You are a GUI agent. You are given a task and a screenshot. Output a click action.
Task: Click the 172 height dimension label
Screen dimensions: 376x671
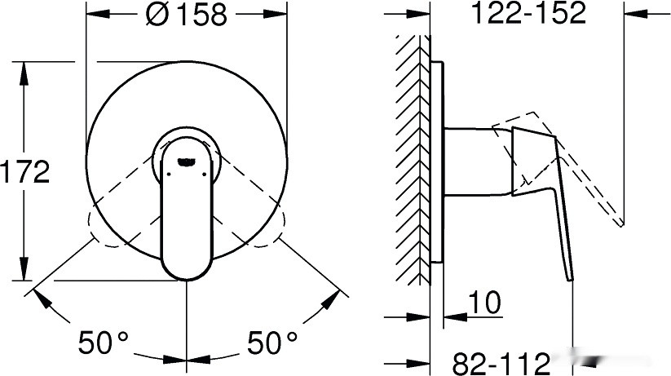[x=25, y=171]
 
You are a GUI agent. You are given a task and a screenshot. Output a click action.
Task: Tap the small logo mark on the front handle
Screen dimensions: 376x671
[x=188, y=161]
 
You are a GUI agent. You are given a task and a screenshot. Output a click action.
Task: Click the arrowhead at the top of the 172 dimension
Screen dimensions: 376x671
[x=25, y=69]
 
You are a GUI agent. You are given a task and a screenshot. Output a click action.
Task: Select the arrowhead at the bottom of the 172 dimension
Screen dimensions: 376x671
[x=25, y=272]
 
